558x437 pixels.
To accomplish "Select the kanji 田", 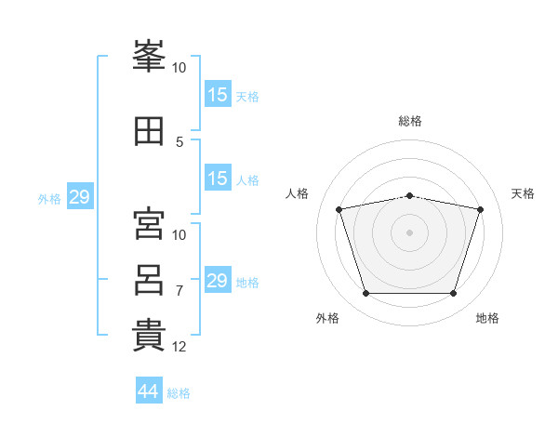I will point(149,132).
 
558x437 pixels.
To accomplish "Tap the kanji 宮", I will point(149,224).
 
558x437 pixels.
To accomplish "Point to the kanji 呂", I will point(149,280).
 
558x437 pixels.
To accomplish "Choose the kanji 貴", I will point(149,336).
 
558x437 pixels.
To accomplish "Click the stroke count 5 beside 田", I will point(179,142).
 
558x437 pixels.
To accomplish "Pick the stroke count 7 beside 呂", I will point(179,291).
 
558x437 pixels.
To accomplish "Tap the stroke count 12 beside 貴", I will point(179,347).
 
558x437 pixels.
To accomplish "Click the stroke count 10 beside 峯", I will point(179,68).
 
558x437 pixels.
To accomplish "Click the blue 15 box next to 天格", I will point(217,94).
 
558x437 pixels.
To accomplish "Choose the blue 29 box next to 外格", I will point(79,197).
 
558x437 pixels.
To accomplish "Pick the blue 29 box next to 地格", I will point(217,280).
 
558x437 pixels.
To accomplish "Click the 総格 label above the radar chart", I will point(409,121).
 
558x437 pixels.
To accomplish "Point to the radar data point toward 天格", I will point(481,209).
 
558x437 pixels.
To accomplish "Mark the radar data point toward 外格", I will point(365,294).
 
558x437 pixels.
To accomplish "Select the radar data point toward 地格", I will point(454,294).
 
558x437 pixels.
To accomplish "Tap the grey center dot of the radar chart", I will point(409,232).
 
